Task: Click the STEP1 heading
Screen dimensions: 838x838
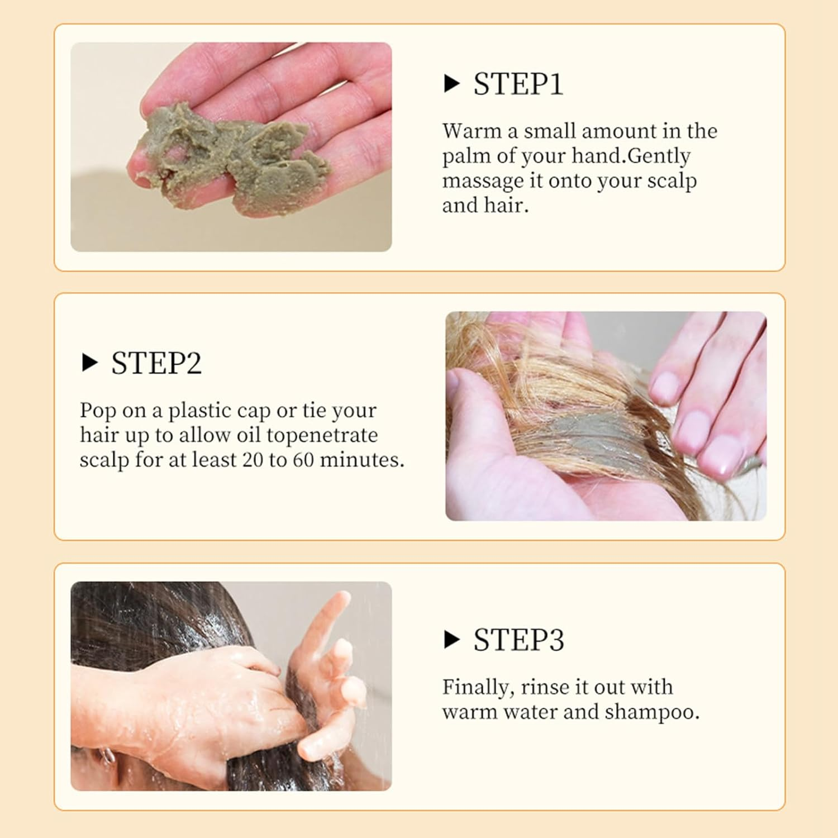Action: [x=518, y=84]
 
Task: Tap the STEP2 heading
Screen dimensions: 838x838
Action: [x=156, y=364]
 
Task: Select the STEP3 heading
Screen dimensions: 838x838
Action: [x=518, y=640]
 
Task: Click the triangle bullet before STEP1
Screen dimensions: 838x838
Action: [x=451, y=84]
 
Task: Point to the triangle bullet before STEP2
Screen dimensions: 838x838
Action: [x=89, y=364]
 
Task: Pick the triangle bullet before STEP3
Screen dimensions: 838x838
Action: [x=451, y=640]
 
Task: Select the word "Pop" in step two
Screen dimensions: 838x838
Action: [x=98, y=411]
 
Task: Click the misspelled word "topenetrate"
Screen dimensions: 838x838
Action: [x=330, y=435]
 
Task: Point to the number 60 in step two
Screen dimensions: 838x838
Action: [x=302, y=460]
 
